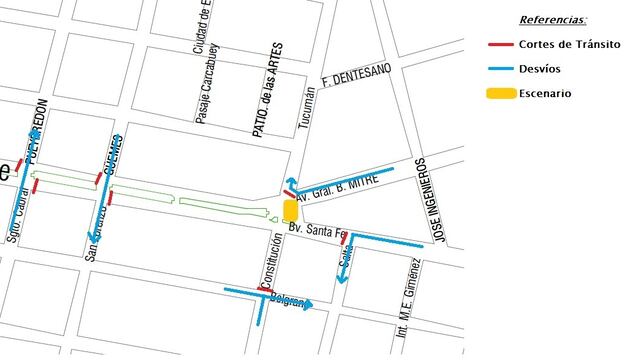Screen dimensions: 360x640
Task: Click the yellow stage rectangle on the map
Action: coord(290,210)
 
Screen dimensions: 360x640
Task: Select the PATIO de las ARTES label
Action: coord(266,89)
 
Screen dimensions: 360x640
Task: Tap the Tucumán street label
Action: coord(308,109)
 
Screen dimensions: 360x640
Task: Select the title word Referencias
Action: coord(553,19)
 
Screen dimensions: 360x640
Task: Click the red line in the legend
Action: coord(501,44)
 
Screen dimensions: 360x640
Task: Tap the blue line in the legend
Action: coord(501,69)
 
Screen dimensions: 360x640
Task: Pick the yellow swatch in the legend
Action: coord(501,94)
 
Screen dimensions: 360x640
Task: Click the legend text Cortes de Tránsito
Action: coord(569,44)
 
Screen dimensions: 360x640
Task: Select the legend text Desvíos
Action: coord(539,69)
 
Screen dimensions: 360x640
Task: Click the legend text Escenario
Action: coord(544,94)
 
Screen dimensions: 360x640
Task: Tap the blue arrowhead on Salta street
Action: coord(341,279)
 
